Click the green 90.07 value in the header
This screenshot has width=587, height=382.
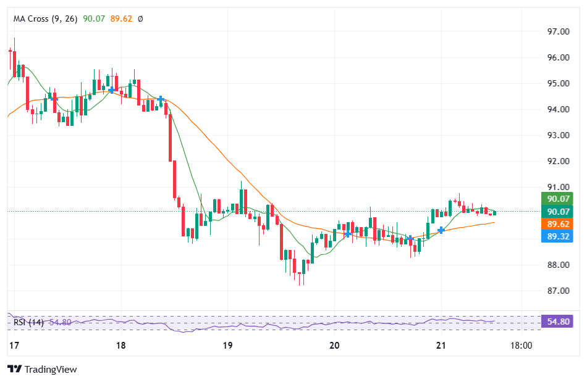point(94,19)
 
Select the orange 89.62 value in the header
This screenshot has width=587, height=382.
point(121,19)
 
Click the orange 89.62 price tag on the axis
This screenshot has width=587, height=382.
point(557,224)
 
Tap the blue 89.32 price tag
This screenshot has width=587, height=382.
point(557,236)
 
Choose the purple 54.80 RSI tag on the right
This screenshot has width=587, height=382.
point(557,322)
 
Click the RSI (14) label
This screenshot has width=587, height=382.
point(28,322)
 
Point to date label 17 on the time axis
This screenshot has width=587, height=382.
point(12,346)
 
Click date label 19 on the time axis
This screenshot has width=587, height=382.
point(227,346)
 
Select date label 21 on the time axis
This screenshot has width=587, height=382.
point(441,346)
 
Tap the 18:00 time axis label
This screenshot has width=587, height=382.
point(522,346)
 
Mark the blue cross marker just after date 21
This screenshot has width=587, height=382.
point(441,230)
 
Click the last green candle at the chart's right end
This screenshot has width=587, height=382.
point(495,212)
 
